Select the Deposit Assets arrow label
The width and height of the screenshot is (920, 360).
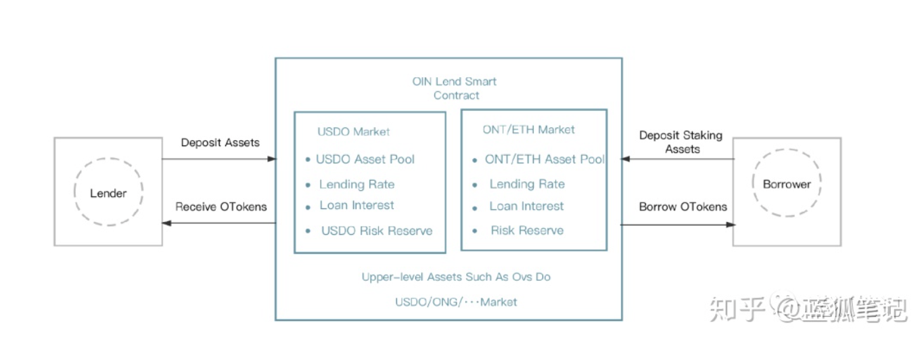click(220, 143)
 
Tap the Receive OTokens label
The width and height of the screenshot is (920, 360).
click(221, 206)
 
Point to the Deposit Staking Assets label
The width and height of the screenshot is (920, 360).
click(681, 142)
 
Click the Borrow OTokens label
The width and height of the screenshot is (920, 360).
click(683, 206)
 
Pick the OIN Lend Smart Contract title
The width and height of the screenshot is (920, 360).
click(455, 89)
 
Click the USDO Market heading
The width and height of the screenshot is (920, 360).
click(354, 131)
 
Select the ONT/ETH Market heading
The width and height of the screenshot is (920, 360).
click(528, 130)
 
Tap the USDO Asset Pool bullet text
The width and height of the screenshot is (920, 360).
click(365, 159)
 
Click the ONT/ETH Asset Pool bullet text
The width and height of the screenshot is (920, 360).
click(545, 159)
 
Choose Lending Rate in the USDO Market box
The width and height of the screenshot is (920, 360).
click(357, 184)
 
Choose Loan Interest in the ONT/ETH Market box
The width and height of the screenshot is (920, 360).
click(526, 206)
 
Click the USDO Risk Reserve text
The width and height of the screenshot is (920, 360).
click(377, 231)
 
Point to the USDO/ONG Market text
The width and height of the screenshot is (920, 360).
click(456, 302)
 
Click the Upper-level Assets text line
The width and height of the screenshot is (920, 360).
click(456, 277)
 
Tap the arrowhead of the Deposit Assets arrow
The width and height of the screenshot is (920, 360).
click(273, 159)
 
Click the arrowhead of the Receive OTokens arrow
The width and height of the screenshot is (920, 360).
click(166, 223)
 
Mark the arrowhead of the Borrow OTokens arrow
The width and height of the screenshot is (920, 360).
click(731, 225)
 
